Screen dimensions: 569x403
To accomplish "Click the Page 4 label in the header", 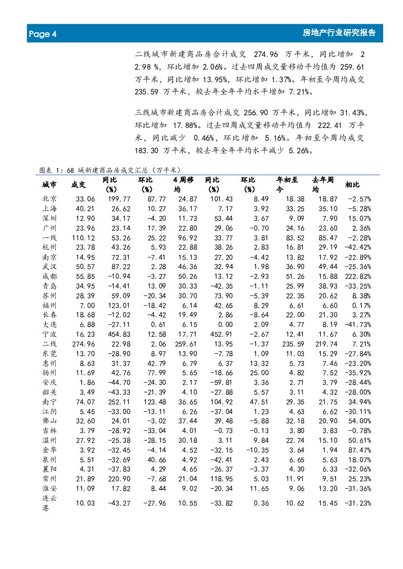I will tap(43, 34).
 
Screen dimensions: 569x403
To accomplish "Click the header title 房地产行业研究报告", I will tap(339, 33).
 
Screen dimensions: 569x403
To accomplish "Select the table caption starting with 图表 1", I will tap(110, 170).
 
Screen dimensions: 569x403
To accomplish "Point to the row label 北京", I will tap(49, 199).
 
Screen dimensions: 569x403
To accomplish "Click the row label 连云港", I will tap(49, 503).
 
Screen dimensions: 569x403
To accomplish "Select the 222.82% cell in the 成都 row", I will tap(359, 276).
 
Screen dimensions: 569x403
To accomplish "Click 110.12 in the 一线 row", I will tap(84, 238).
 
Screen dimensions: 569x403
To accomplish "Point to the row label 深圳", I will tap(49, 218).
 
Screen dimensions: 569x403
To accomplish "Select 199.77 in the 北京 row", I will tap(120, 199).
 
